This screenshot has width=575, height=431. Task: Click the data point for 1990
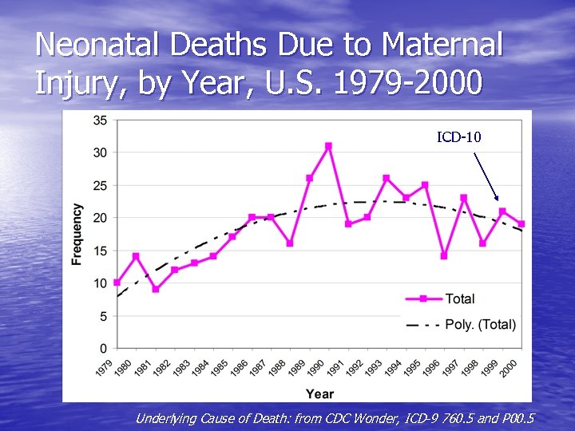point(328,146)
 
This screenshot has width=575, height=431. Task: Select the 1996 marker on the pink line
point(444,256)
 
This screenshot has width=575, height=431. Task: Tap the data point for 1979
point(117,283)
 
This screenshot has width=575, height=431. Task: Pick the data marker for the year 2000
point(521,224)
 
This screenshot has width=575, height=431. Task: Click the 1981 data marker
point(156,289)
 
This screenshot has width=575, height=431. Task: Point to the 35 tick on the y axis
point(101,120)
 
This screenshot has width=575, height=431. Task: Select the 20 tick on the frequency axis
point(101,218)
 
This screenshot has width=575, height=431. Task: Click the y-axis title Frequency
point(77,234)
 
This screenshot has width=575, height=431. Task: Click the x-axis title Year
point(319,393)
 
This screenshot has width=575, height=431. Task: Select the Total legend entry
point(459,299)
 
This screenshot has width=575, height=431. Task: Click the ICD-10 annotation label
point(458,137)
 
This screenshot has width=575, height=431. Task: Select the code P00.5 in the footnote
point(515,418)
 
